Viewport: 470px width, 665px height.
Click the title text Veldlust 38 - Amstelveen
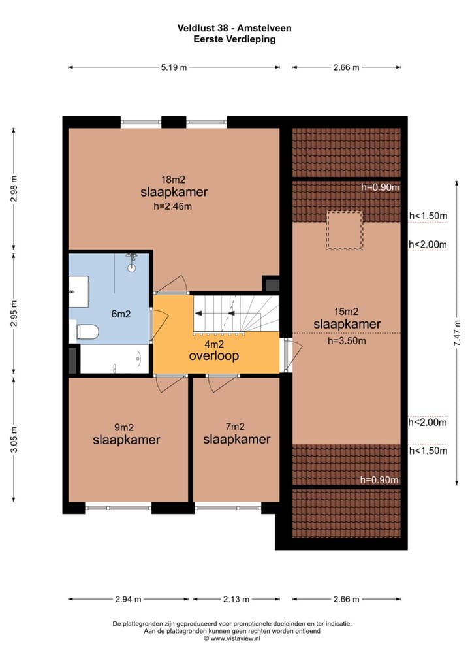coord(234,28)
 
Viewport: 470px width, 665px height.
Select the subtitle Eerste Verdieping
coord(234,39)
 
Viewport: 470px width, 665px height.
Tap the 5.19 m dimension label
coord(174,67)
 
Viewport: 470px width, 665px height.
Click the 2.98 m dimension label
coord(14,189)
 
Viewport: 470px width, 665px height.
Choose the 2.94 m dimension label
coord(129,599)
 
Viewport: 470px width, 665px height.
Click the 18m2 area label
coord(174,179)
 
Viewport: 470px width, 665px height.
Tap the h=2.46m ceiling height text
coord(174,206)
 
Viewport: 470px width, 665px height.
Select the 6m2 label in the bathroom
coord(121,314)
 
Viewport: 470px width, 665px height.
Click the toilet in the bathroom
coord(86,332)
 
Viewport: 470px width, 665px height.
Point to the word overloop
coord(213,356)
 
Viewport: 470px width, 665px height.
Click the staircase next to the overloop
coord(236,314)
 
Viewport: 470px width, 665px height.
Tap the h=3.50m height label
coord(347,340)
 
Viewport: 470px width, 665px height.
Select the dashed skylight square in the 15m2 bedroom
coord(345,230)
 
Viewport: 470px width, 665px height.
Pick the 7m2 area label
coord(235,427)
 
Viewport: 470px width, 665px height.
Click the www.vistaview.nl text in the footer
coord(236,638)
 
